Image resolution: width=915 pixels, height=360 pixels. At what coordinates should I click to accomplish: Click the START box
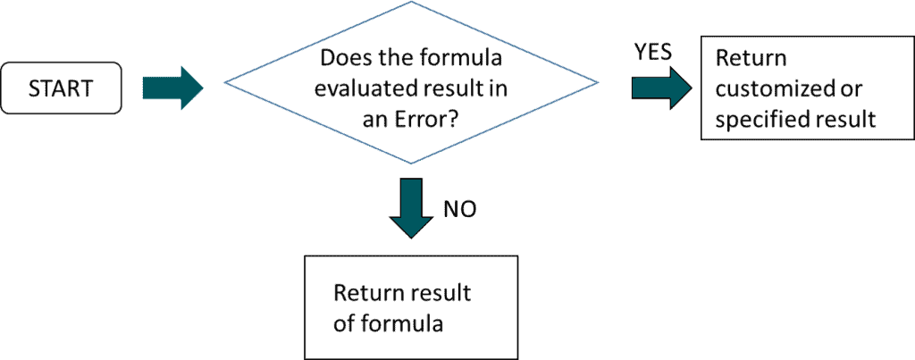pos(61,88)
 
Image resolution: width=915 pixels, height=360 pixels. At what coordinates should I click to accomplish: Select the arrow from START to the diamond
pos(172,88)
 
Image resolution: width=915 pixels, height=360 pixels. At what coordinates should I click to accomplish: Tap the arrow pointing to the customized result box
pos(662,88)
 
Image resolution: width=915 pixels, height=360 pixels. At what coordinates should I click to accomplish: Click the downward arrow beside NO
pos(411,208)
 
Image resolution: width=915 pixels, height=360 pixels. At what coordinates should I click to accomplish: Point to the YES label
pos(653,53)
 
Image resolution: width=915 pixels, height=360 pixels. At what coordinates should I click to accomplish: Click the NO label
pos(460,210)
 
